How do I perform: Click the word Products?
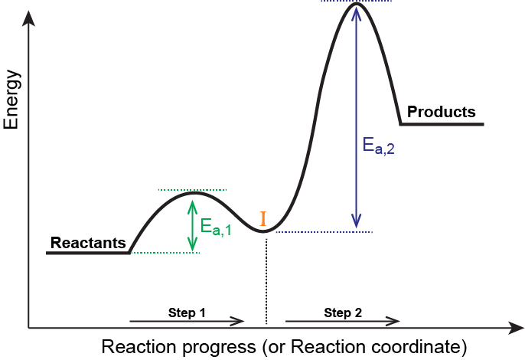point(441,112)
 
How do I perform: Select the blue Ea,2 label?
point(378,146)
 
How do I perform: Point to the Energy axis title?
point(11,99)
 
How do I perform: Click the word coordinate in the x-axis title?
point(418,346)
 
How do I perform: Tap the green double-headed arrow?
point(192,225)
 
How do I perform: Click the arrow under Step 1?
point(187,322)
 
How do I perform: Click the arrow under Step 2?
point(342,322)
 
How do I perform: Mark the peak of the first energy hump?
point(194,192)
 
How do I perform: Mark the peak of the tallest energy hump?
point(356,5)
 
